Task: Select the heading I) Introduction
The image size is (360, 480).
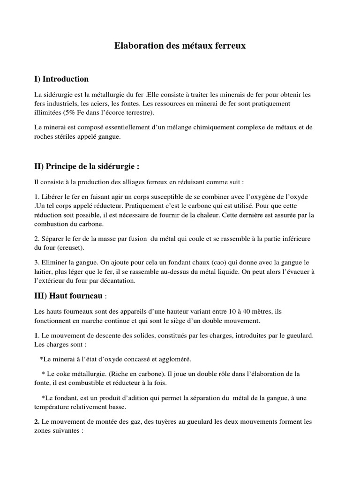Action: click(61, 79)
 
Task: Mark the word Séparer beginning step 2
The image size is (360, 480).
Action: click(54, 239)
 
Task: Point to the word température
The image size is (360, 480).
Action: click(54, 407)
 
